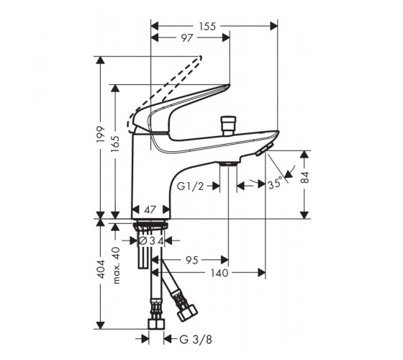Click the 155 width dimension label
click(x=207, y=26)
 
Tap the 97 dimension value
click(x=187, y=38)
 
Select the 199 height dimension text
click(x=101, y=135)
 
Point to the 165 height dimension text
click(x=116, y=144)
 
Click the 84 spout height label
click(x=305, y=177)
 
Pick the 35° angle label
click(x=275, y=184)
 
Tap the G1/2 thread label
click(x=190, y=186)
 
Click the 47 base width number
click(x=150, y=210)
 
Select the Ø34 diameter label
click(x=151, y=241)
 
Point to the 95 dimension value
click(x=192, y=260)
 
